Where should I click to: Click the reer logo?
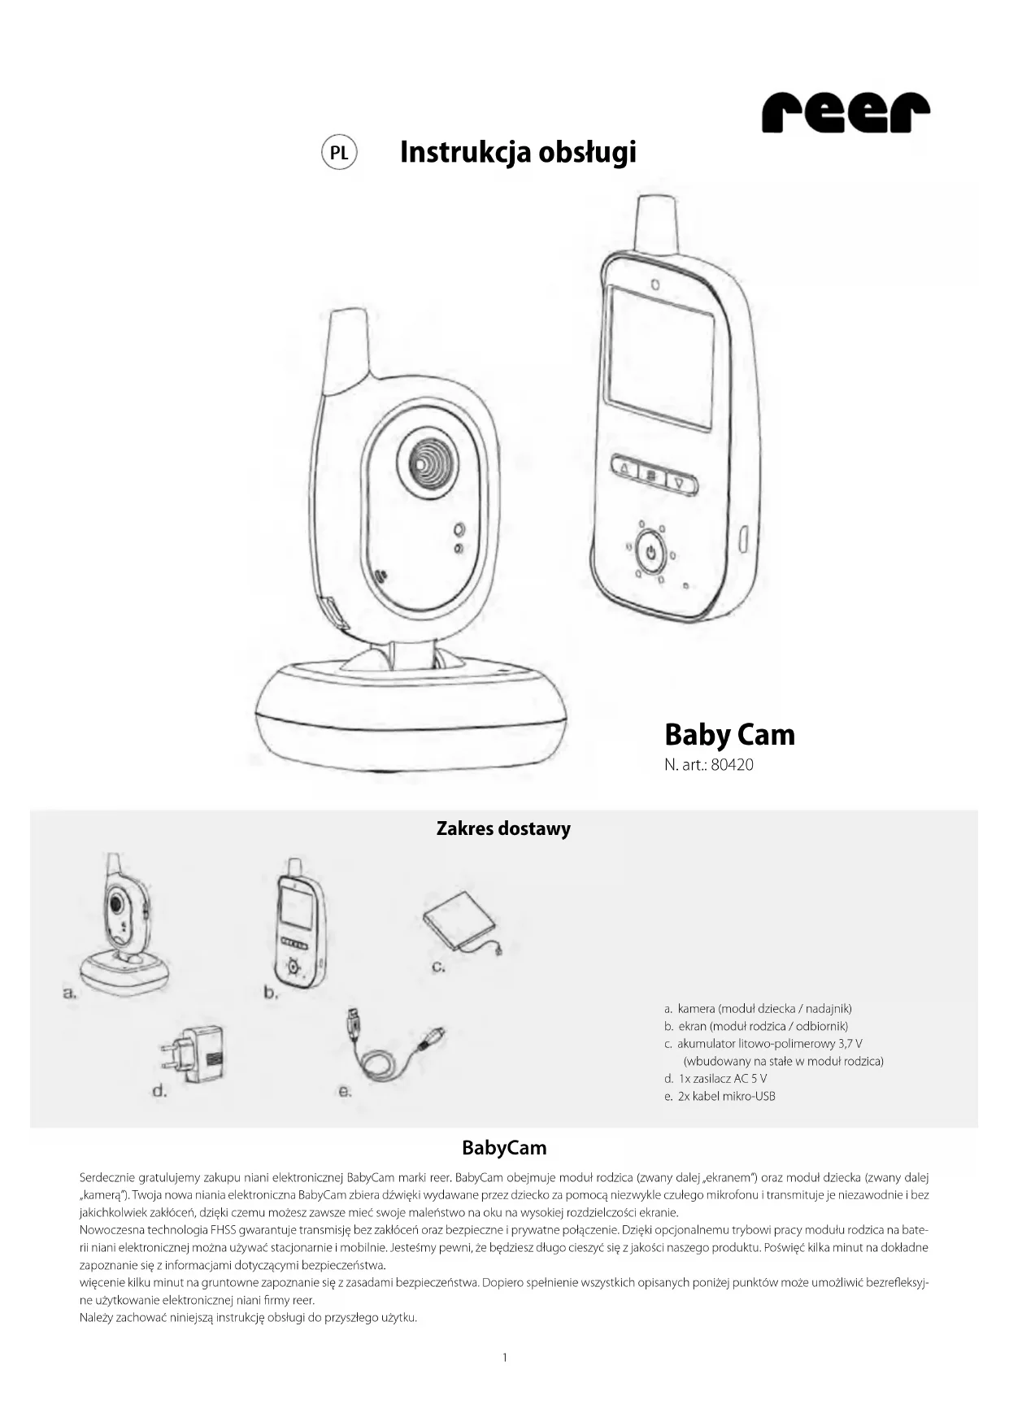(x=845, y=113)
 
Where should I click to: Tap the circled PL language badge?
(x=339, y=153)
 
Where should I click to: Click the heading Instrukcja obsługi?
(x=518, y=152)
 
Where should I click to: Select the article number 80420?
(x=732, y=765)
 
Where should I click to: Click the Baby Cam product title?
(x=729, y=734)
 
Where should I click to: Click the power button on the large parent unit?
(x=650, y=554)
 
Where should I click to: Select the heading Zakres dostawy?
(x=503, y=828)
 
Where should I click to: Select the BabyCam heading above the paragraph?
(x=504, y=1148)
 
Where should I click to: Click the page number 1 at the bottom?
(x=505, y=1357)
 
